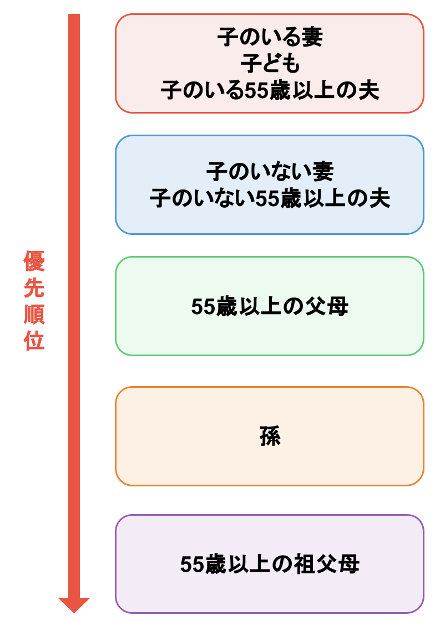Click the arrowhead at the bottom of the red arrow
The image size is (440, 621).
click(x=74, y=604)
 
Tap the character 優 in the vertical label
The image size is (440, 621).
click(x=34, y=261)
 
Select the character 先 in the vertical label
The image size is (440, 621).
click(x=34, y=288)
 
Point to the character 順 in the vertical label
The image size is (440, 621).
click(x=34, y=315)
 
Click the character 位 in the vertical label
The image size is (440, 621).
click(x=34, y=341)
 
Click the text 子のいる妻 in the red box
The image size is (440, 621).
click(x=270, y=38)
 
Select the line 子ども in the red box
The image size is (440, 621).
click(x=270, y=64)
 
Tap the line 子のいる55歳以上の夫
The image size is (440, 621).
click(x=270, y=91)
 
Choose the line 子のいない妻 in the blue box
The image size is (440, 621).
click(x=270, y=172)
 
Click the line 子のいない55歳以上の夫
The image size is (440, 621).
click(x=270, y=198)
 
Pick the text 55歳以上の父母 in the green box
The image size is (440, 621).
click(x=270, y=306)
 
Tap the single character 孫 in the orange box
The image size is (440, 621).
click(x=270, y=437)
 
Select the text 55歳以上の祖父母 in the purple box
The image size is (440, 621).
click(x=270, y=564)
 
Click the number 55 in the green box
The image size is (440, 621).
click(x=203, y=307)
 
